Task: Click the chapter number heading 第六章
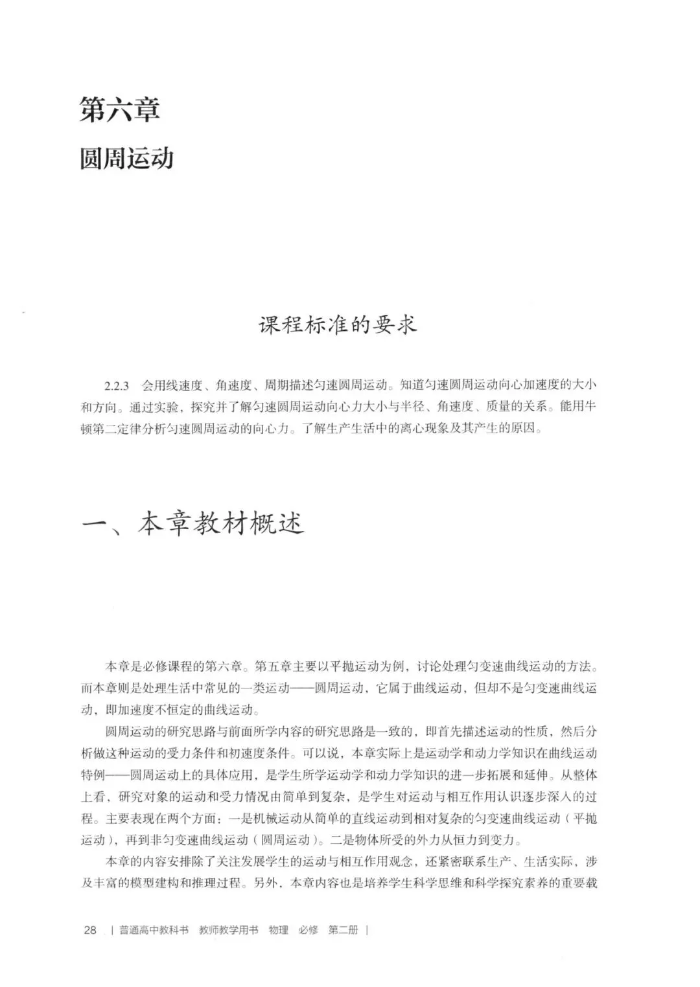pos(120,109)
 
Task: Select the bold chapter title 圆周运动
pos(126,158)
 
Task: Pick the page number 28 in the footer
pos(90,930)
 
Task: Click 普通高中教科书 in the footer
pos(154,930)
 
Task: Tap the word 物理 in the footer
pos(279,930)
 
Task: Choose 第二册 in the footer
pos(344,930)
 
